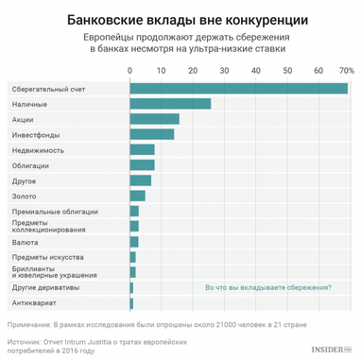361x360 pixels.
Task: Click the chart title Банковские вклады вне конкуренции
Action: [180, 18]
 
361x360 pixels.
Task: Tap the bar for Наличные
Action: [170, 103]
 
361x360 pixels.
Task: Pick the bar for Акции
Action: [154, 118]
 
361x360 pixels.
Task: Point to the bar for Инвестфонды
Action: [151, 134]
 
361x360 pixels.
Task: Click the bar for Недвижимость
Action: [142, 149]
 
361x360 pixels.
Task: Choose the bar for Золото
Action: [137, 196]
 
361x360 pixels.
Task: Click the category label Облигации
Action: [31, 164]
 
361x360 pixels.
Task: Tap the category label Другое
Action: [26, 180]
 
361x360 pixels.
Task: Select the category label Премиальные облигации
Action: [48, 211]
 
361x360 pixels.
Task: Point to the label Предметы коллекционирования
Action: [48, 226]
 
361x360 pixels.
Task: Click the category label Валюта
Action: [26, 241]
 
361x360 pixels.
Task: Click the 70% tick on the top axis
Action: [346, 72]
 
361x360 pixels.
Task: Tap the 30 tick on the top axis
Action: [223, 72]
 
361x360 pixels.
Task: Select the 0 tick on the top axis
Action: [129, 72]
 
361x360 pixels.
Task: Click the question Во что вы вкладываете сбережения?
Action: [267, 286]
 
